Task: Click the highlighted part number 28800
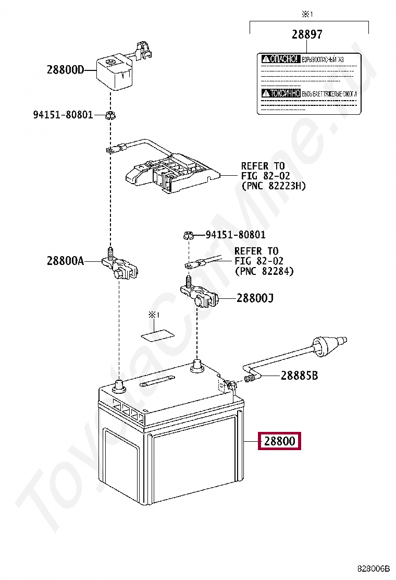279,441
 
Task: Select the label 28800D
65,70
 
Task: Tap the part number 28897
307,35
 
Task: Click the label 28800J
255,298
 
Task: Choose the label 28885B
299,375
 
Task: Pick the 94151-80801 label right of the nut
236,235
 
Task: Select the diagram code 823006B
373,567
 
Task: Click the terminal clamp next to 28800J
201,296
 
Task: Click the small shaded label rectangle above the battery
159,334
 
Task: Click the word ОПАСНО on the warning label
281,59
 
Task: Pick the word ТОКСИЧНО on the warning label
281,93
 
